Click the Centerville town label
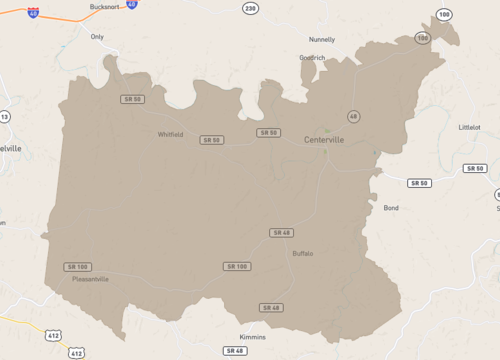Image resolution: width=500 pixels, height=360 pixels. point(324,140)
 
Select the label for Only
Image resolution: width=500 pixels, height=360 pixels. point(97,36)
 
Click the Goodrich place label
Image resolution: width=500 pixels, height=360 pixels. point(312,57)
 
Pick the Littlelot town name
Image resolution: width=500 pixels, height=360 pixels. point(469,128)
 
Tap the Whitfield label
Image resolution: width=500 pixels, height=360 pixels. point(170,134)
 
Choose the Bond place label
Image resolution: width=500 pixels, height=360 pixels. point(391,208)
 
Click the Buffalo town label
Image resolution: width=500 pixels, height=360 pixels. point(302,253)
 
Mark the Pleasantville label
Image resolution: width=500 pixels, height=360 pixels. point(90,279)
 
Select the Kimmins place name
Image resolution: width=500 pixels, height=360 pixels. point(253,337)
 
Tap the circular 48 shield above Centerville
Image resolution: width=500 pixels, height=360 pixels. point(353,116)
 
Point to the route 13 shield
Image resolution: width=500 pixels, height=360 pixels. point(4,117)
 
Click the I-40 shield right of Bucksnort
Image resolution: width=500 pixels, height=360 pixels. point(132,5)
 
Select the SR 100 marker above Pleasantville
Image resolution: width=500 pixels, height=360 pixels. point(77,266)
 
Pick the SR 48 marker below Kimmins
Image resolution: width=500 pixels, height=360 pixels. point(235,351)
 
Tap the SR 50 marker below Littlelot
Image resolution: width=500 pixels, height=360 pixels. point(474,168)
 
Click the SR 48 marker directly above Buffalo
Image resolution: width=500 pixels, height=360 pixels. point(281,232)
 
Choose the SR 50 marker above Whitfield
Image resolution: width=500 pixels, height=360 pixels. point(132,99)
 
